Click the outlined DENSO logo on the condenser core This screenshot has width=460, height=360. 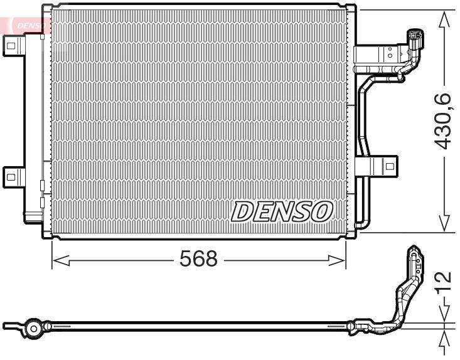pyautogui.click(x=282, y=211)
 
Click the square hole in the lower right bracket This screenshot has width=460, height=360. pyautogui.click(x=389, y=167)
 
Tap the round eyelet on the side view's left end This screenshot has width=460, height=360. pyautogui.click(x=33, y=327)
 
